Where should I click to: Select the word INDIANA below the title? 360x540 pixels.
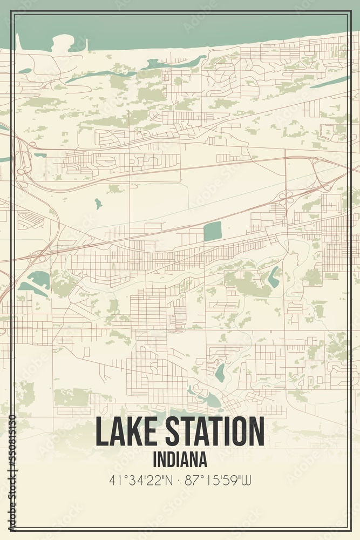click(180, 460)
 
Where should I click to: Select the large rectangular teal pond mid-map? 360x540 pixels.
click(212, 232)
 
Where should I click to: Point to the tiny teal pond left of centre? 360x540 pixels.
click(98, 204)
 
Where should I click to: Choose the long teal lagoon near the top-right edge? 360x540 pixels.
click(330, 82)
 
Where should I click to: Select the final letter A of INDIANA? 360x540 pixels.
click(203, 460)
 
